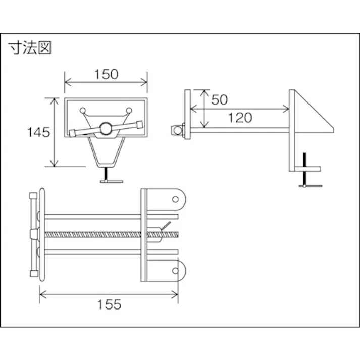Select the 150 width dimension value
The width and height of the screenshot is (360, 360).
(106, 74)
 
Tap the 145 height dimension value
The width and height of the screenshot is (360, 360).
(38, 132)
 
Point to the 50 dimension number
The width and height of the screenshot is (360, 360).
(219, 99)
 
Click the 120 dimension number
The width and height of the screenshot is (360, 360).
(240, 118)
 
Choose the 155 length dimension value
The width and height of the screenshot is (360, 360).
(109, 304)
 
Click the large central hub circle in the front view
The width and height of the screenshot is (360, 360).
(106, 129)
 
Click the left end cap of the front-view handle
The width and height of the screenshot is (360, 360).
(72, 133)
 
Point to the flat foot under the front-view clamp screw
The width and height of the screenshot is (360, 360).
(111, 181)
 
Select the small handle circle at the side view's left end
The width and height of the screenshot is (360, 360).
(177, 131)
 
